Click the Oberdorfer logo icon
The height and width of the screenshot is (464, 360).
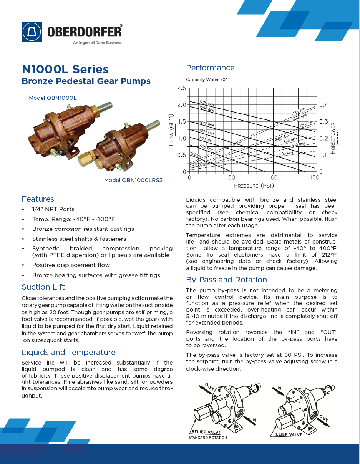tap(32, 31)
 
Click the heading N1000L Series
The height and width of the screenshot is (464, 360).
tap(65, 70)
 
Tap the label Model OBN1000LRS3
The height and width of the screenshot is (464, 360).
tap(133, 180)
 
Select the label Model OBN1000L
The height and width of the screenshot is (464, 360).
tap(53, 98)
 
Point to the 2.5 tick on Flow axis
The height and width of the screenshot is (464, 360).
tap(181, 88)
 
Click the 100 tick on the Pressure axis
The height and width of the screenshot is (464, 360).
tap(273, 178)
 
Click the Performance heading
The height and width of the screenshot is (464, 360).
tap(210, 68)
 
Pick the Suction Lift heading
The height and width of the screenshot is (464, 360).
tap(43, 287)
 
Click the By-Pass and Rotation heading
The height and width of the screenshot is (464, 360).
tap(226, 280)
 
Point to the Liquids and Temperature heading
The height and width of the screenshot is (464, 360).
tap(68, 352)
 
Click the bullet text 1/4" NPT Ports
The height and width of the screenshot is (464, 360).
tap(53, 209)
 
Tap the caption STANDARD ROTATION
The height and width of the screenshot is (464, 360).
tap(207, 437)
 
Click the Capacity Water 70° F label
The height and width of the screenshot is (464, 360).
tap(209, 80)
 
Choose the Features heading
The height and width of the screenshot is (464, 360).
tap(38, 199)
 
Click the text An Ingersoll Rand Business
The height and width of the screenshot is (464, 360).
tap(97, 43)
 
